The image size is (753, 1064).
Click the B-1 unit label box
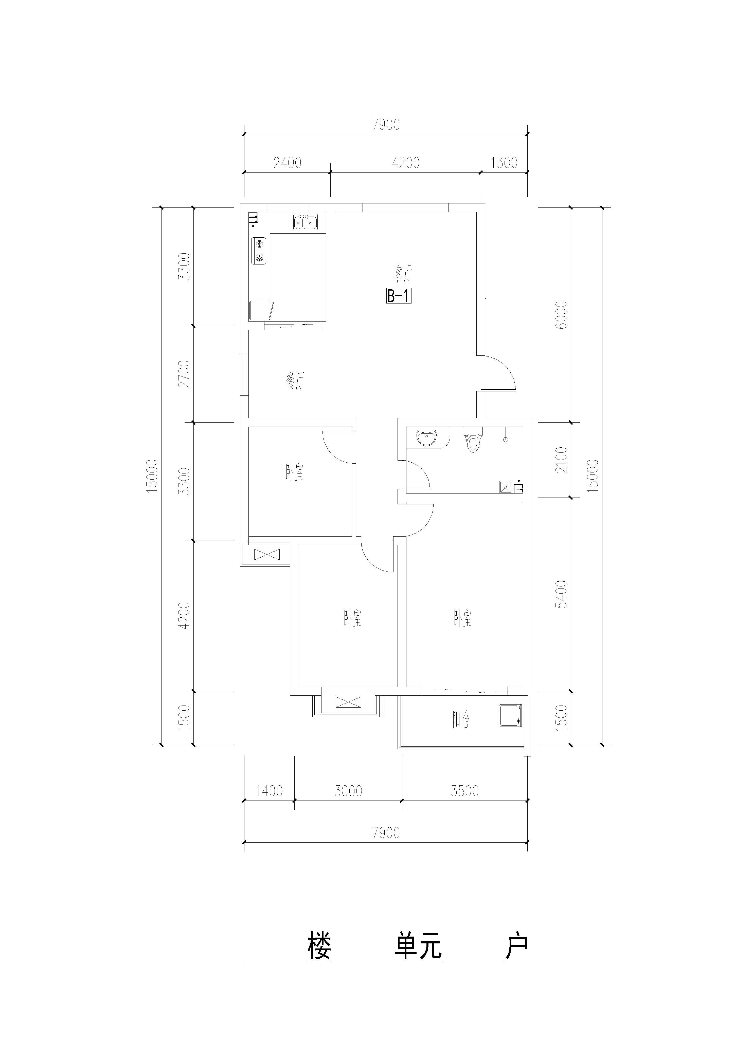point(399,296)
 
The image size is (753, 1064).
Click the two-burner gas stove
point(259,251)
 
